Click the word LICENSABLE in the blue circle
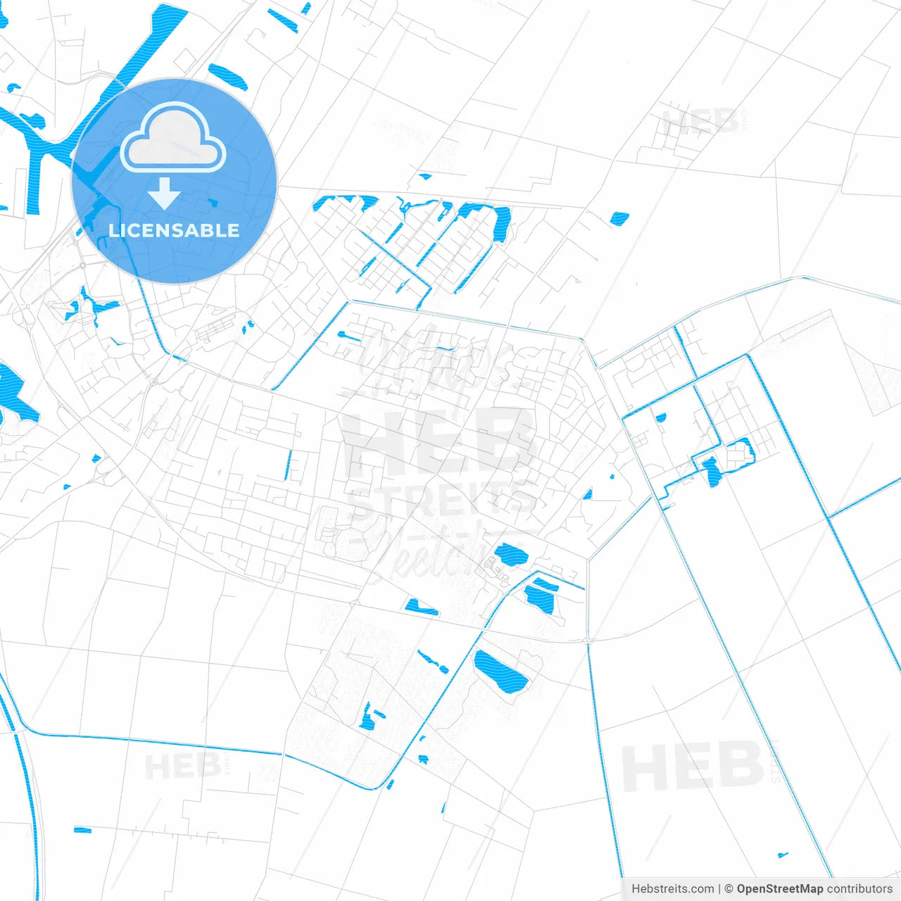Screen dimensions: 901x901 174,230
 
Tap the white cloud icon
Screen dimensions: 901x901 173,138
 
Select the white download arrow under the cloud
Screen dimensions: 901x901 165,194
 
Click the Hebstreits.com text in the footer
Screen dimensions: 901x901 672,889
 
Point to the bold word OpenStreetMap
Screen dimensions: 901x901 779,889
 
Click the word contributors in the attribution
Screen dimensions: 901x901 859,889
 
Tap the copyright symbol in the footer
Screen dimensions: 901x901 729,889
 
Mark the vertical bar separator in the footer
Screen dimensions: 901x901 719,889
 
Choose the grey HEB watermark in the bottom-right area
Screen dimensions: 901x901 693,767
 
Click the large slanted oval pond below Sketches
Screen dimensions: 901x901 500,672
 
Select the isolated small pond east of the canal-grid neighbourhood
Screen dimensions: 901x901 619,218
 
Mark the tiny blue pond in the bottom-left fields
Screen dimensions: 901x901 82,831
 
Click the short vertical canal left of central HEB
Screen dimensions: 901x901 288,465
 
